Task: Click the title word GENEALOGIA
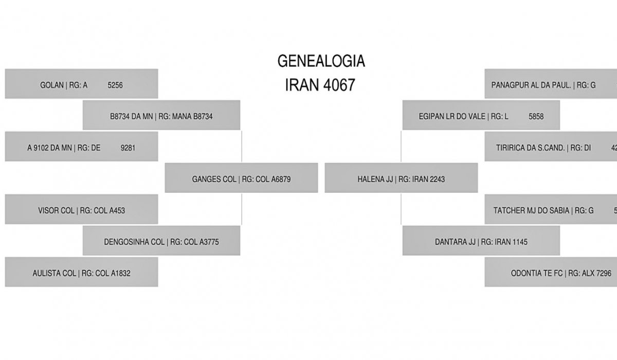click(321, 61)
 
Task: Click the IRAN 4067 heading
click(320, 85)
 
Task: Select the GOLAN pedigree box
click(81, 84)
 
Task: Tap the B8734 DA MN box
click(161, 116)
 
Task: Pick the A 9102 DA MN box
click(81, 148)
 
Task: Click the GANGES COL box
click(241, 179)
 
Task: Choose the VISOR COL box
click(81, 210)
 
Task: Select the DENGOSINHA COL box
click(161, 242)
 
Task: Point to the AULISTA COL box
click(81, 273)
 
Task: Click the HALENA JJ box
click(401, 179)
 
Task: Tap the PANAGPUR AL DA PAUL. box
click(550, 84)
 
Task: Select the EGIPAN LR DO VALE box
click(481, 116)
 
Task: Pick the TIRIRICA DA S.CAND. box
click(550, 148)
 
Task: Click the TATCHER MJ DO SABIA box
click(550, 210)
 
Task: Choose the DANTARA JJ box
click(481, 242)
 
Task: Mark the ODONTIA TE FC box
click(550, 273)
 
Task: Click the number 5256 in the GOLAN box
click(115, 85)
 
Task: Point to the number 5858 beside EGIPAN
click(536, 117)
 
